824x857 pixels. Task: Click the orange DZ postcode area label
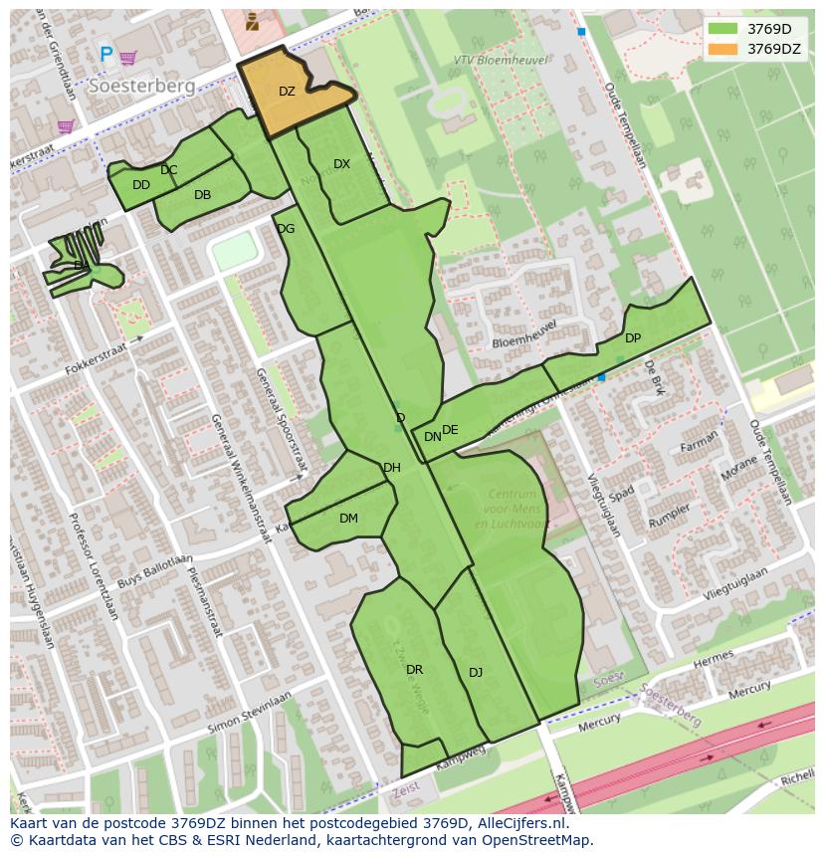click(287, 92)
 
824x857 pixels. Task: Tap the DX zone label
click(341, 164)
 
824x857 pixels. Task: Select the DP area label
click(633, 338)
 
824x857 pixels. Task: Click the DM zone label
click(348, 519)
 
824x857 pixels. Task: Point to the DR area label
click(415, 670)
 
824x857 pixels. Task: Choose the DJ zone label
click(476, 673)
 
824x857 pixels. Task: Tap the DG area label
click(286, 229)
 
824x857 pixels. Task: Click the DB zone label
click(202, 195)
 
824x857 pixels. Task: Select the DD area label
click(141, 185)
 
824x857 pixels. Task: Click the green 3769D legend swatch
click(723, 29)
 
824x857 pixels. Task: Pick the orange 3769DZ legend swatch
click(723, 49)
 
